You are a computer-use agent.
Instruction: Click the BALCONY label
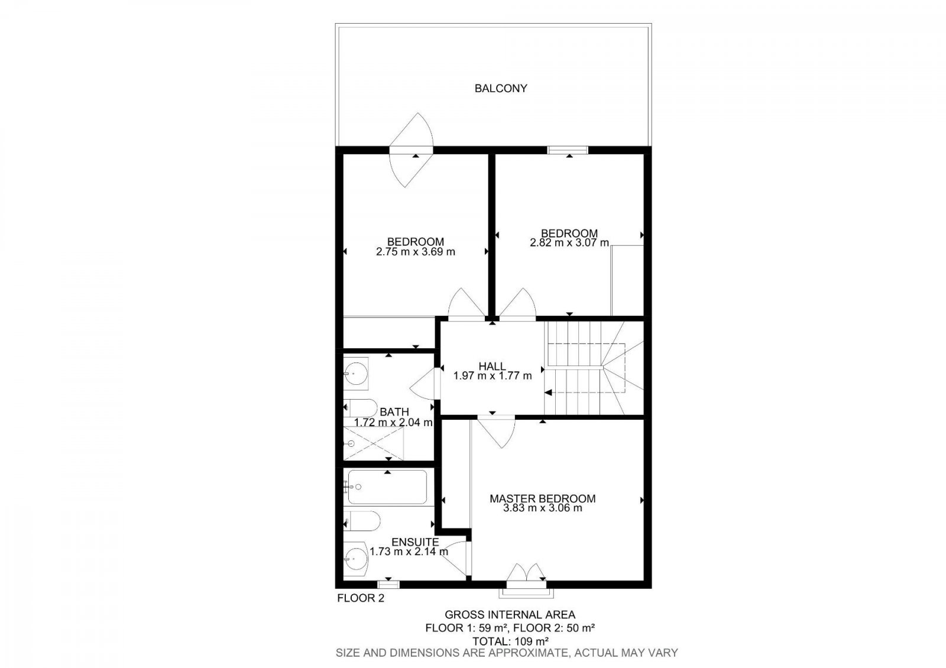(x=501, y=89)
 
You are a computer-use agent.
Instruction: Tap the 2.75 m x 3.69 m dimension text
(x=416, y=252)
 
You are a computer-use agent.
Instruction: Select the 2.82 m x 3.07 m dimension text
(x=569, y=243)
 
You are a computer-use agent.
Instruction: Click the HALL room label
(x=492, y=367)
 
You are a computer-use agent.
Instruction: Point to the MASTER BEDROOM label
(x=542, y=499)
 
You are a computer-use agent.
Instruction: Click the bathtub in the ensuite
(x=387, y=487)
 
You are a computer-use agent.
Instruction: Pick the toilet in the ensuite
(x=359, y=521)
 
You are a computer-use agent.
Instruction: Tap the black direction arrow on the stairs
(x=549, y=392)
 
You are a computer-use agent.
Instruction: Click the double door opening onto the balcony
(x=412, y=150)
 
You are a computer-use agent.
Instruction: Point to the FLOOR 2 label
(x=361, y=598)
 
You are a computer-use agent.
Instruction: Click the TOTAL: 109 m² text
(x=510, y=641)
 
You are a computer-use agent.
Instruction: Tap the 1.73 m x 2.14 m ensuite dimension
(x=409, y=552)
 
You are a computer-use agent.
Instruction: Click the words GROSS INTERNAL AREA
(x=510, y=615)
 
